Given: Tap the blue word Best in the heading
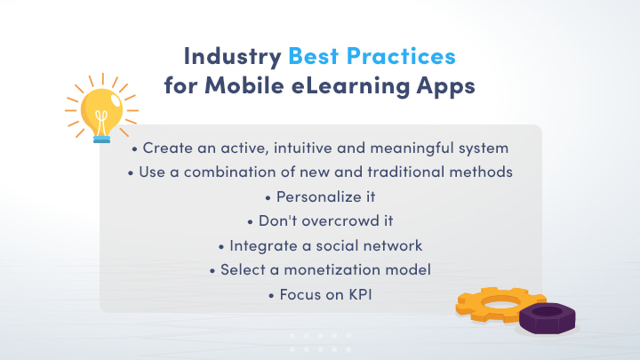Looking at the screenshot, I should pos(316,57).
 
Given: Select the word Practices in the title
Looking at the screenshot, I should pos(403,57).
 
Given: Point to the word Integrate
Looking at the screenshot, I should pos(258,244).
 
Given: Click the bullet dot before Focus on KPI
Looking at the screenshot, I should pos(270,293).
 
